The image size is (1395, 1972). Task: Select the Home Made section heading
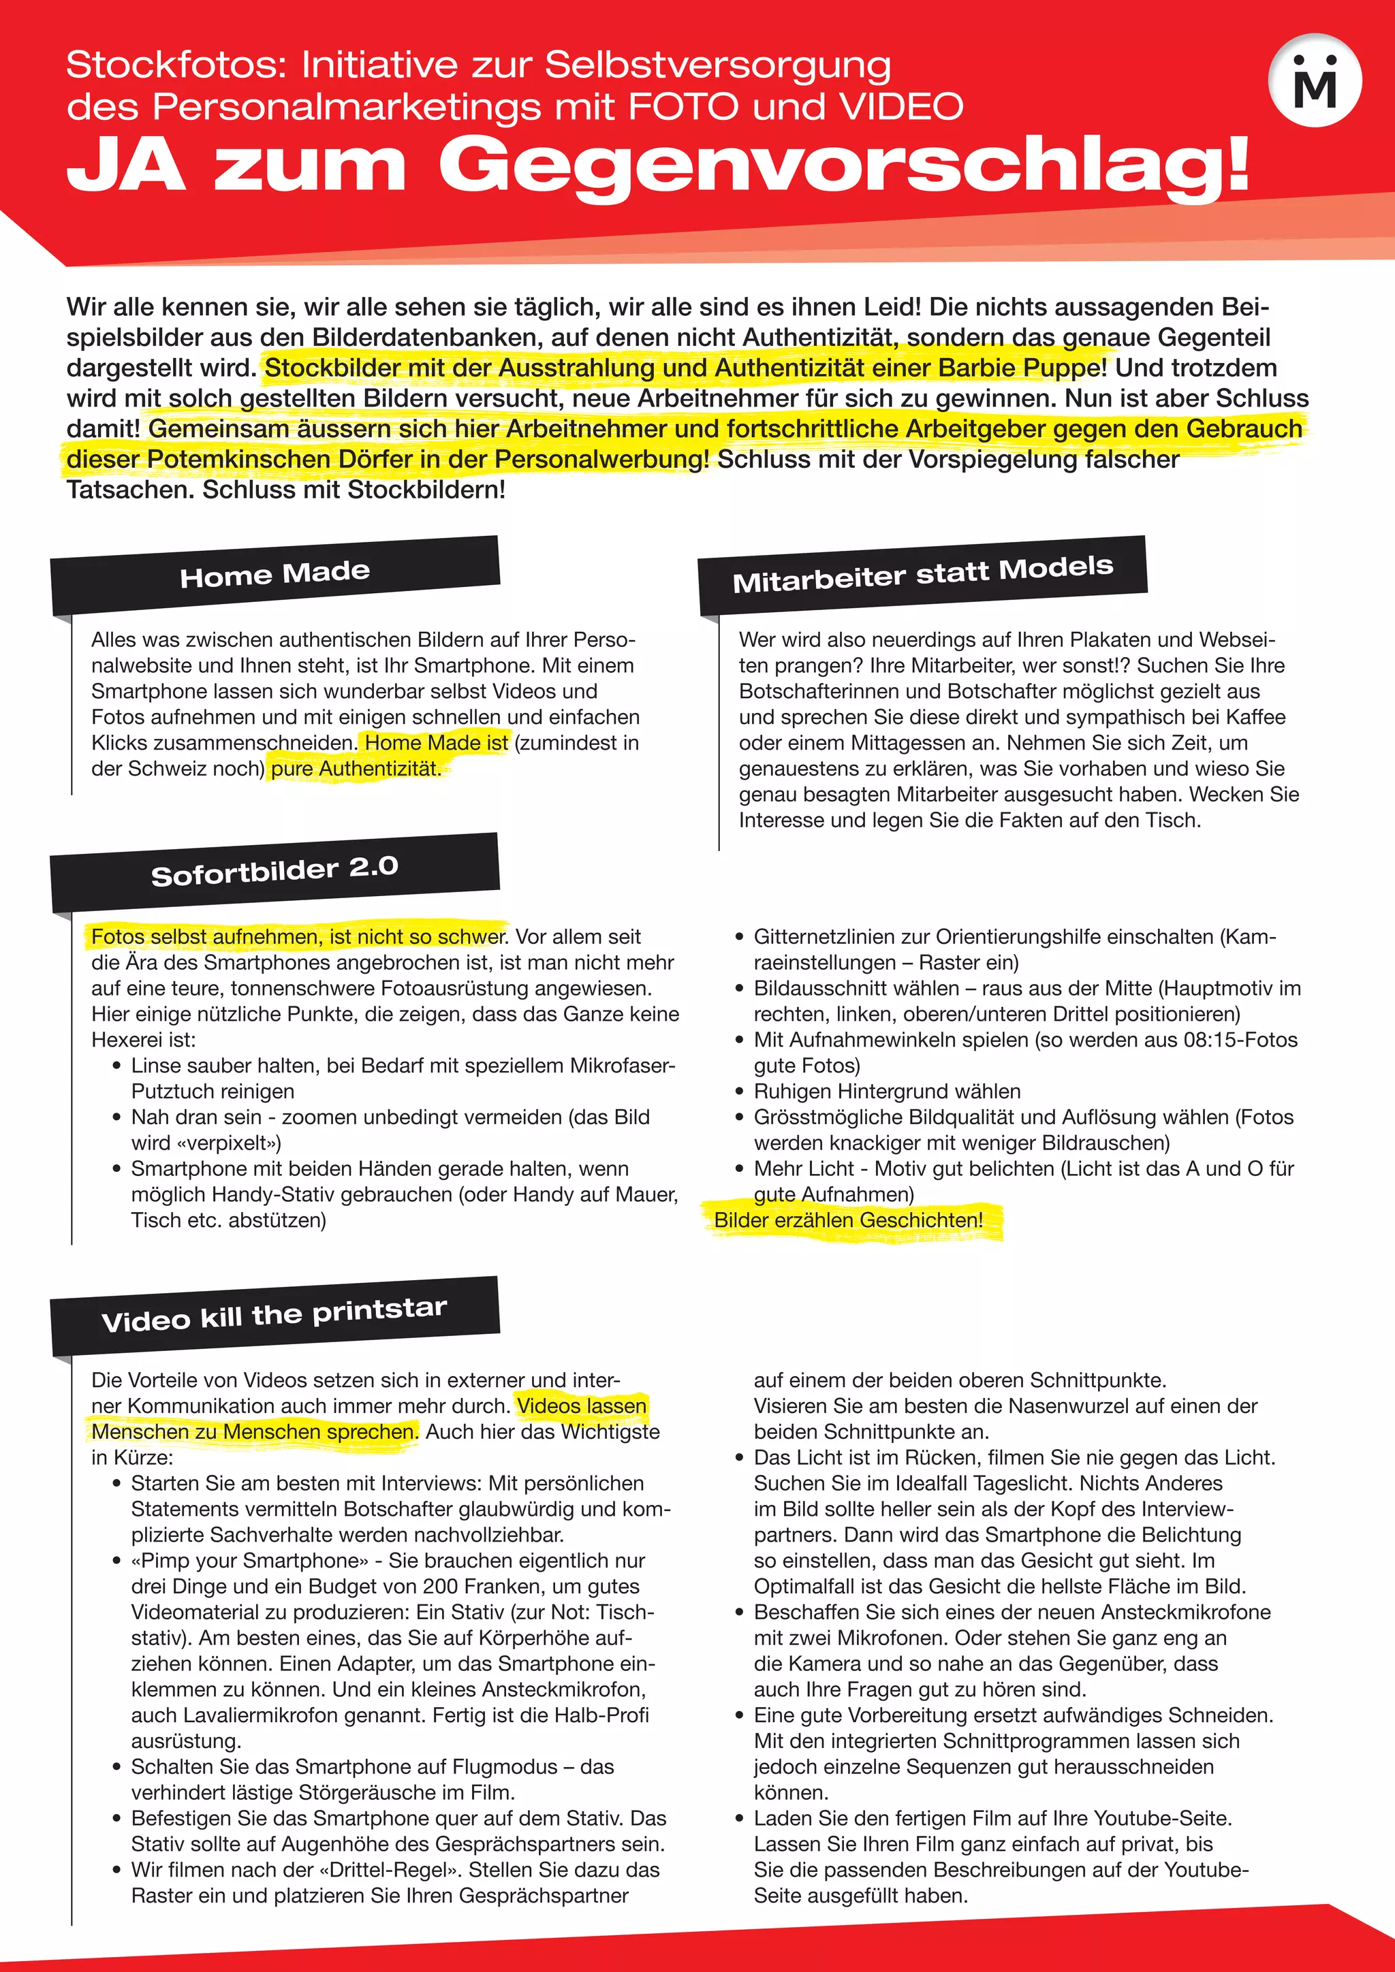(275, 574)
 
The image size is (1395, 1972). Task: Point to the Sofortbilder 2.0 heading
(275, 871)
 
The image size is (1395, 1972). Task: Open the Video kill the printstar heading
(275, 1314)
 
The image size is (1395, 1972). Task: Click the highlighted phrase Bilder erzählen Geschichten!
(848, 1220)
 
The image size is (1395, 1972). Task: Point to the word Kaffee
(1250, 716)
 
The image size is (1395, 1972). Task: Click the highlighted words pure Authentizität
(356, 768)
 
